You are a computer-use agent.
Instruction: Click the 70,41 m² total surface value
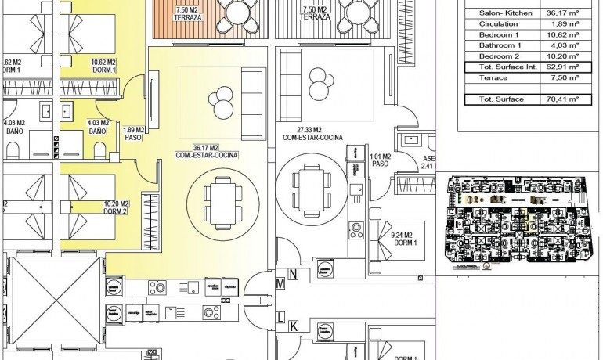pyautogui.click(x=562, y=99)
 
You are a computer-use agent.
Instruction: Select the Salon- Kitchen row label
pyautogui.click(x=496, y=13)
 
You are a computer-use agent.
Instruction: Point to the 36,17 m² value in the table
pyautogui.click(x=562, y=13)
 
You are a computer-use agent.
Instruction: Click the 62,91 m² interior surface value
pyautogui.click(x=562, y=67)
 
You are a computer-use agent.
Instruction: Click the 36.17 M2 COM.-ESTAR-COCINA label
pyautogui.click(x=208, y=151)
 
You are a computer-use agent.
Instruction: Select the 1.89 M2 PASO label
pyautogui.click(x=135, y=134)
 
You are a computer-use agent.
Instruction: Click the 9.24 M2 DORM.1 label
pyautogui.click(x=405, y=237)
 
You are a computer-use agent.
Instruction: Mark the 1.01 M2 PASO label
pyautogui.click(x=381, y=160)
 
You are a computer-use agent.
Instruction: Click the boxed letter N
pyautogui.click(x=293, y=274)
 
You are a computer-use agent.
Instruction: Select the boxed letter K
pyautogui.click(x=293, y=326)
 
